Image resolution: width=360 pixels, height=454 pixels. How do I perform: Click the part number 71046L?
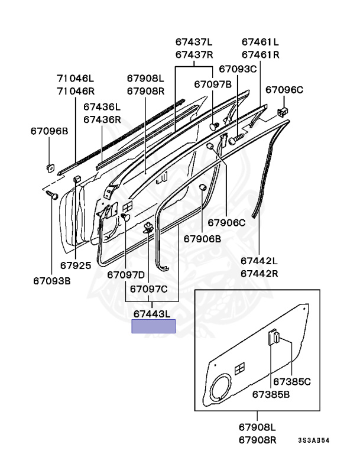click(x=75, y=78)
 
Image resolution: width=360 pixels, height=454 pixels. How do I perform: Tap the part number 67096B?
click(x=50, y=130)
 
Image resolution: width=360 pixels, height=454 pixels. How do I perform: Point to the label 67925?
click(x=75, y=265)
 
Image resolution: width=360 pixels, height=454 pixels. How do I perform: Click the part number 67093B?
click(x=51, y=281)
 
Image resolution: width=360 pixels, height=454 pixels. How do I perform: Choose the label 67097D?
click(x=126, y=274)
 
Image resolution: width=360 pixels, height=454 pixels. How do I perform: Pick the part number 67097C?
click(x=149, y=289)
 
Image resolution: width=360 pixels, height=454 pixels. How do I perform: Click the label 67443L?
click(x=153, y=313)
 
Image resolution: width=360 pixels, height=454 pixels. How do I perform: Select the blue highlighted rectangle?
click(x=153, y=326)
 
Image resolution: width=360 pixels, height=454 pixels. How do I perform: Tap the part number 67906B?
click(x=202, y=239)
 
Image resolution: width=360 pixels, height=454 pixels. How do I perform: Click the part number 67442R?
click(x=259, y=274)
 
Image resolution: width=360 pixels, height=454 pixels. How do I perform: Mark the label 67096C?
click(x=284, y=90)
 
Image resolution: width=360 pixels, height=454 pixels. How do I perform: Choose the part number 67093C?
click(x=238, y=69)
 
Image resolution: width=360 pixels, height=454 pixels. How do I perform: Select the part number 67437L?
click(x=194, y=42)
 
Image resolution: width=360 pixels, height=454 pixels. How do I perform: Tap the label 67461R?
click(x=261, y=55)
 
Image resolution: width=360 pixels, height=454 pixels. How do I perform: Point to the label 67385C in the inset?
click(x=291, y=382)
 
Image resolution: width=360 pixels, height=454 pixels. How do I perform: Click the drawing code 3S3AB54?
click(x=313, y=440)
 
